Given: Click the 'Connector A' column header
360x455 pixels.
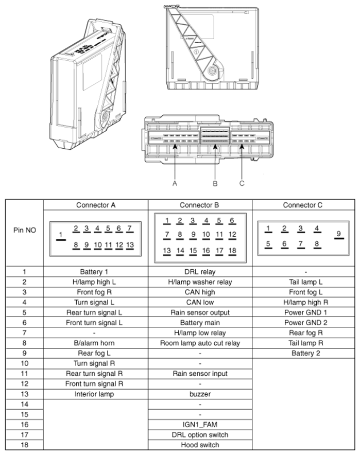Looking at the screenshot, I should [x=96, y=205].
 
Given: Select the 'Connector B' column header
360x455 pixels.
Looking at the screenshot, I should [x=200, y=205].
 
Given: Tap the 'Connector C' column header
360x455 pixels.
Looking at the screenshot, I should [x=303, y=205].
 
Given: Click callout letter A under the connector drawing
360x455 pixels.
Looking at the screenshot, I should [x=176, y=182].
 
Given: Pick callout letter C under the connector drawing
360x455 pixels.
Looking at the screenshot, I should [x=242, y=182].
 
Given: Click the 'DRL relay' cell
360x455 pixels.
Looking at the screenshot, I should [x=199, y=271].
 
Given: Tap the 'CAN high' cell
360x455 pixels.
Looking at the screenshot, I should [x=199, y=292].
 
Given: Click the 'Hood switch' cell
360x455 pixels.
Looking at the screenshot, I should [x=199, y=445].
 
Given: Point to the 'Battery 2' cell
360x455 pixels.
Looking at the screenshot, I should [x=303, y=354].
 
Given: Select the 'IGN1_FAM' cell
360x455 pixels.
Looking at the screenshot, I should [x=199, y=425].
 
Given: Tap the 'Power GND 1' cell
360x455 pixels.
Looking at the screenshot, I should [x=303, y=312].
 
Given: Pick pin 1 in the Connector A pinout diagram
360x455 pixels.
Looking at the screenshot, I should [x=61, y=236].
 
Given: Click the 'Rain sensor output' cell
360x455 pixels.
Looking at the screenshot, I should [x=199, y=312].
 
